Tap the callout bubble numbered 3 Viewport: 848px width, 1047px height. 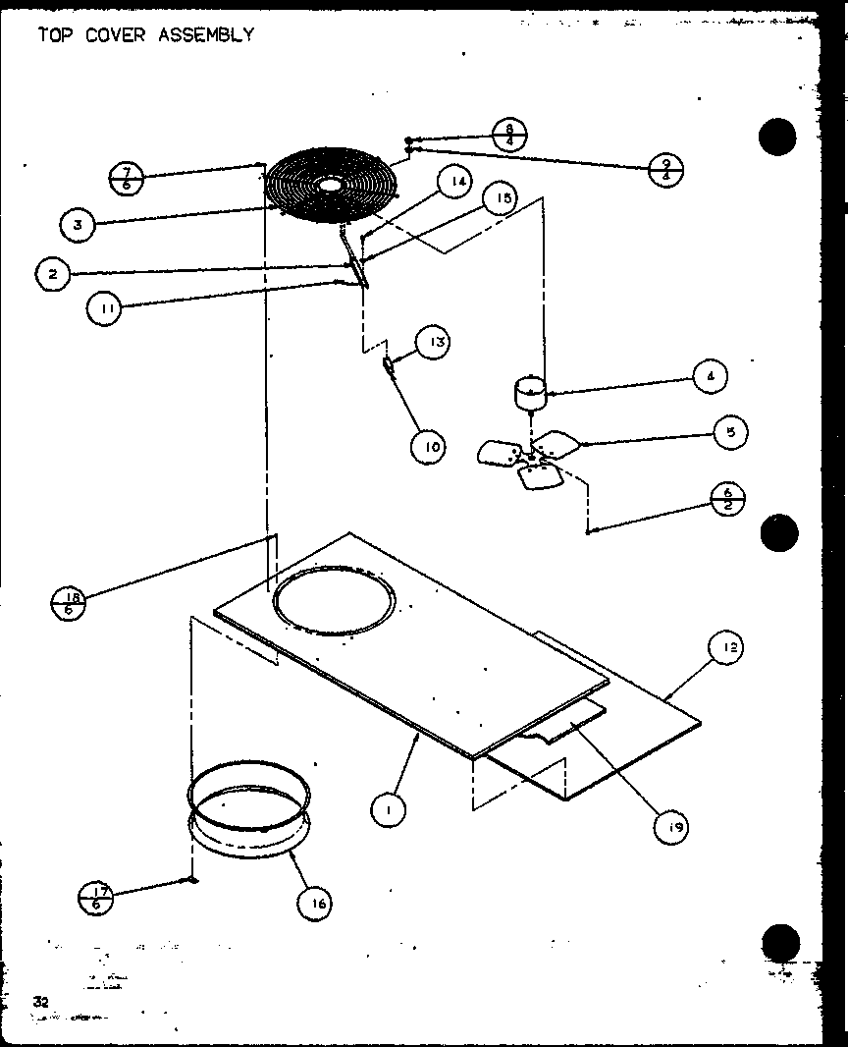point(77,225)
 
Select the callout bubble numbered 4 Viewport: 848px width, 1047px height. point(709,376)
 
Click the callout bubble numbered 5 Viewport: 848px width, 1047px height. point(730,432)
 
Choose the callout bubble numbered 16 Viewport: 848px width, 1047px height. point(315,903)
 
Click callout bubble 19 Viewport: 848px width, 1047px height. point(671,827)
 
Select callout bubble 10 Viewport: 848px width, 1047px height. point(428,446)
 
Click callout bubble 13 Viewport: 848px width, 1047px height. point(432,342)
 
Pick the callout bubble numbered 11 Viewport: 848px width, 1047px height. point(103,308)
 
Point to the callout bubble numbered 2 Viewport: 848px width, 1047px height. point(52,273)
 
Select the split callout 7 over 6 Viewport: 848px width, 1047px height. point(127,179)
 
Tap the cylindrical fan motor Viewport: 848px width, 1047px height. point(531,393)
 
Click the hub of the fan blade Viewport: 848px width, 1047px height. point(531,457)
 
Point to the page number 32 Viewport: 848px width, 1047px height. point(40,1001)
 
